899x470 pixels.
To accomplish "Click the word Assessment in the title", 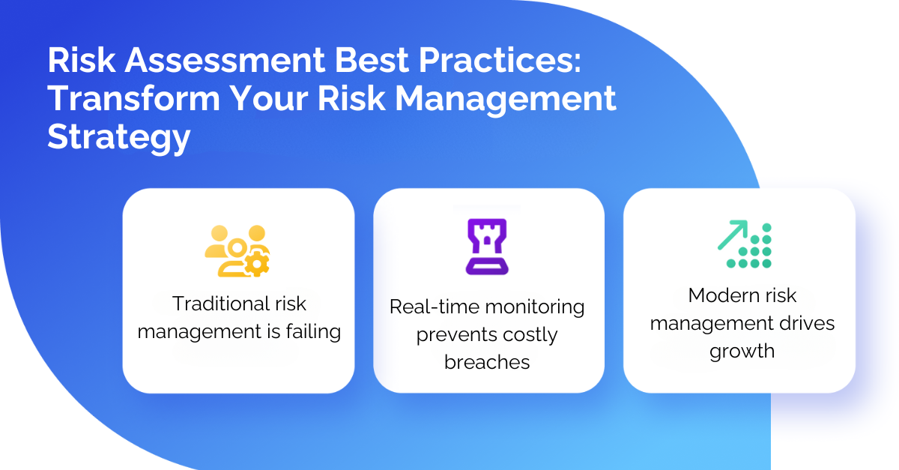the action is click(225, 60).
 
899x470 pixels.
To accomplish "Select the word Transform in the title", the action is click(134, 98).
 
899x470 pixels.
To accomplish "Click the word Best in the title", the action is click(372, 60).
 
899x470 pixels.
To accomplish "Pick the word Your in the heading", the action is click(269, 98).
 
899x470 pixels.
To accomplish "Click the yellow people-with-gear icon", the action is click(237, 251).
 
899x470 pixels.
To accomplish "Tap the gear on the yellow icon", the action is click(257, 264).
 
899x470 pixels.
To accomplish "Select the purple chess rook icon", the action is click(487, 247).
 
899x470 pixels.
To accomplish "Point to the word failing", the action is click(313, 332).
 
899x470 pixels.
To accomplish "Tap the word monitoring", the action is click(535, 308).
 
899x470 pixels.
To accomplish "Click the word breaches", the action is click(487, 362).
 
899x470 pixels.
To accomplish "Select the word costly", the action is click(530, 335).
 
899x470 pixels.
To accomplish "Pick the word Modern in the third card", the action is click(718, 295).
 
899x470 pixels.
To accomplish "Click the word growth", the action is click(742, 352).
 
